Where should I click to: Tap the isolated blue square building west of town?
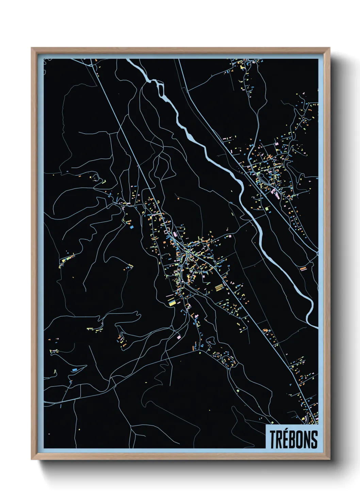tap(130, 226)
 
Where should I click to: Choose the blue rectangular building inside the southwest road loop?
tap(75, 369)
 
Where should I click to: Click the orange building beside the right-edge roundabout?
tap(303, 269)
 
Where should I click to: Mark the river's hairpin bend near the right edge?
tap(311, 306)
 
